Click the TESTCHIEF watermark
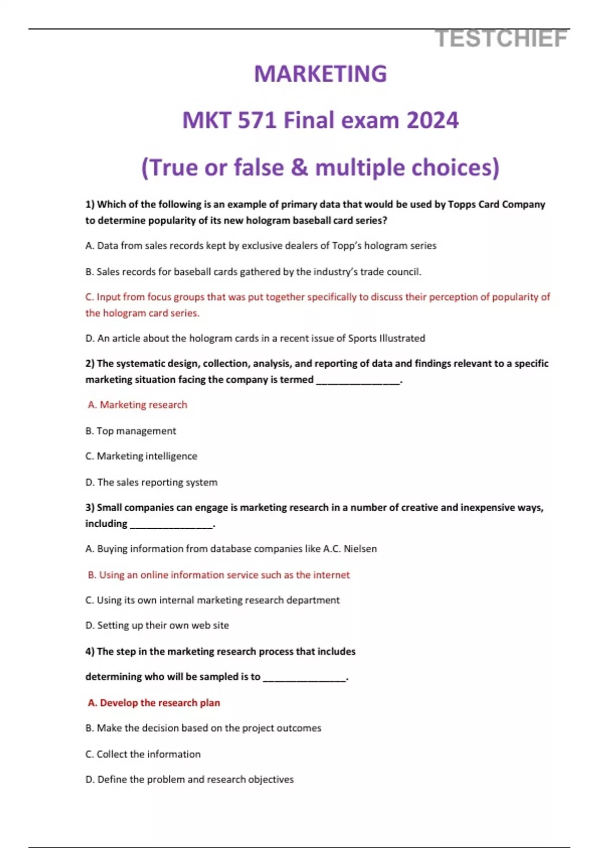pos(501,39)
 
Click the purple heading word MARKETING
pos(320,74)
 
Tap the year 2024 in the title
pos(432,120)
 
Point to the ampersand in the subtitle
pos(299,167)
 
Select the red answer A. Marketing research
pos(137,405)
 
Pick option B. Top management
pos(131,430)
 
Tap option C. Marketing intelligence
pos(141,456)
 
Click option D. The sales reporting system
pos(151,482)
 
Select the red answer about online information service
pos(219,575)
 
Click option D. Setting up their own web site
pos(157,625)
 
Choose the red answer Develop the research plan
pos(154,702)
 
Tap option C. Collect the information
pos(143,754)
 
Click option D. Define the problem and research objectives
pos(190,779)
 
